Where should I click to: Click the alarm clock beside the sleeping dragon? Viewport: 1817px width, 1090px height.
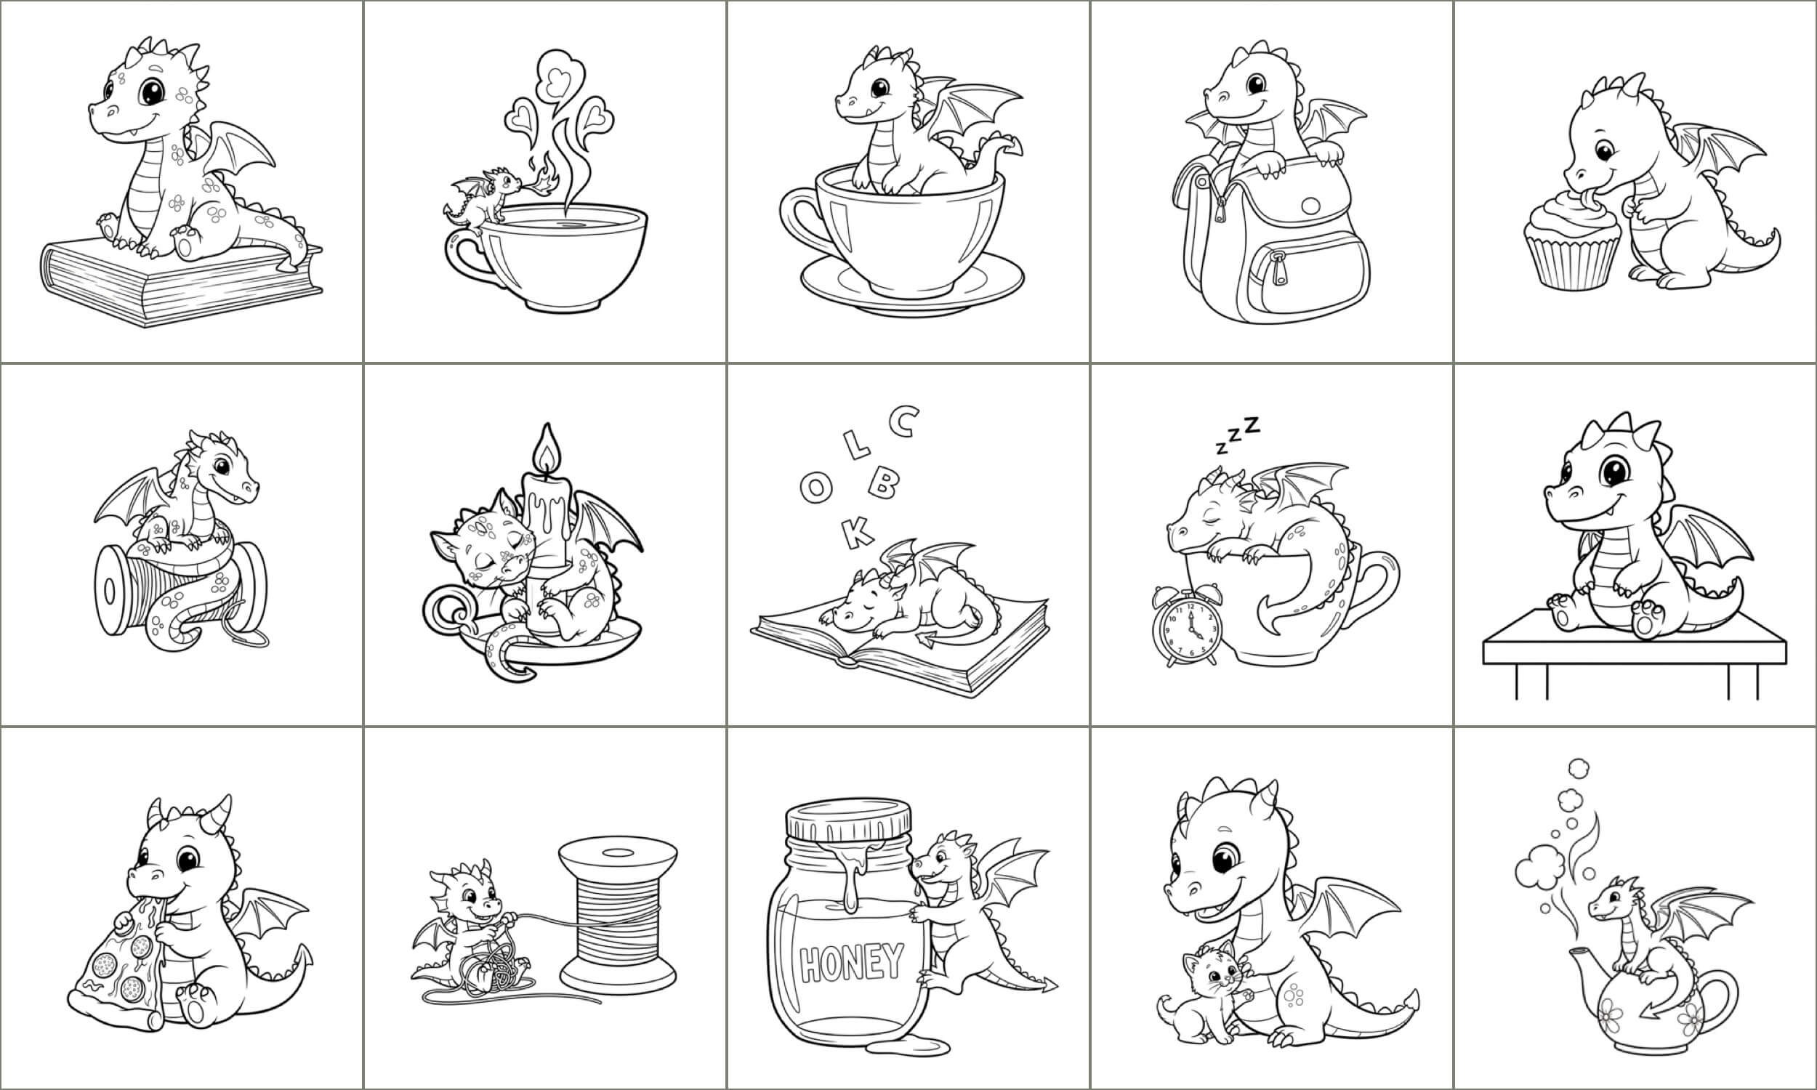(1185, 625)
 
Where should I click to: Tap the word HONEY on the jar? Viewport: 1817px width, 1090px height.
(851, 963)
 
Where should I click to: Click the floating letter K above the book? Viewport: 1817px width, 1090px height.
(857, 532)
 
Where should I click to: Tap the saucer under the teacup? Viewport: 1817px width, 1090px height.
(911, 286)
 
